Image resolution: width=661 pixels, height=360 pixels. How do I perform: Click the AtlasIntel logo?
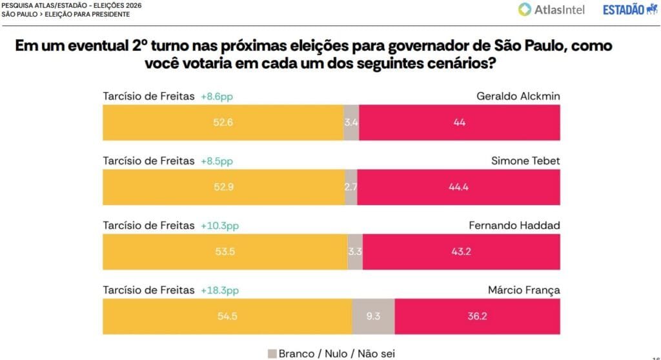[551, 9]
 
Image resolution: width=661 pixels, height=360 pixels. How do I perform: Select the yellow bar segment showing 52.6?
[223, 122]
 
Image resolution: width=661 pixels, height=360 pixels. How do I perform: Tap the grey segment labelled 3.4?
[351, 122]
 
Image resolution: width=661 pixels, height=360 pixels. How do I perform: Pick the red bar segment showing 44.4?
[458, 187]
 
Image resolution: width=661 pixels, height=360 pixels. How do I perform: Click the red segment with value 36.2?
[477, 317]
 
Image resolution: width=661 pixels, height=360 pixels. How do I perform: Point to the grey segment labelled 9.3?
[372, 317]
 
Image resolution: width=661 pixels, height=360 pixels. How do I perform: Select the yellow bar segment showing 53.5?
[225, 252]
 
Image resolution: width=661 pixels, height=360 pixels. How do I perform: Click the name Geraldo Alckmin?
[518, 96]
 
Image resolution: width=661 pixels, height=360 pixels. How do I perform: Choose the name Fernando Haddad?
[514, 225]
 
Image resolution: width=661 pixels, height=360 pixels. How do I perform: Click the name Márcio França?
[524, 290]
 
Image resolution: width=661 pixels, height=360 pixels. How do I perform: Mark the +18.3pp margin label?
[219, 290]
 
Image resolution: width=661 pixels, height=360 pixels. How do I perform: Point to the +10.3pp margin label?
[219, 225]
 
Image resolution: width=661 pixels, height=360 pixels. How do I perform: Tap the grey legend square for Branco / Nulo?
[272, 353]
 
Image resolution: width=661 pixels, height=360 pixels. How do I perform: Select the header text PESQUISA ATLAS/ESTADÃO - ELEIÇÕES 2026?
[71, 5]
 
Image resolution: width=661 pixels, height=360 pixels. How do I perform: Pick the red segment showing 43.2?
[462, 252]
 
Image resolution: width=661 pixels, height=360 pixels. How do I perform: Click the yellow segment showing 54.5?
[227, 317]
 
